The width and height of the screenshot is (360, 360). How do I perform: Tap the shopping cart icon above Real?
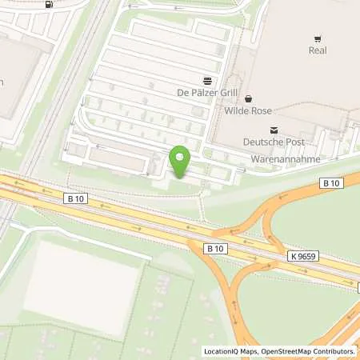pyautogui.click(x=318, y=38)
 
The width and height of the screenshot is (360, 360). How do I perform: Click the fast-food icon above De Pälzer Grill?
pyautogui.click(x=207, y=80)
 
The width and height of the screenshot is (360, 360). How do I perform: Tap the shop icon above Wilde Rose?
pyautogui.click(x=248, y=99)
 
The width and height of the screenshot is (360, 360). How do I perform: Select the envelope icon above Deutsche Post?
pyautogui.click(x=274, y=130)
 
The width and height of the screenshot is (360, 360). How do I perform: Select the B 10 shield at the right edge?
pyautogui.click(x=331, y=183)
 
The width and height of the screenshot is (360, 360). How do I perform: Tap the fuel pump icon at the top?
pyautogui.click(x=50, y=4)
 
